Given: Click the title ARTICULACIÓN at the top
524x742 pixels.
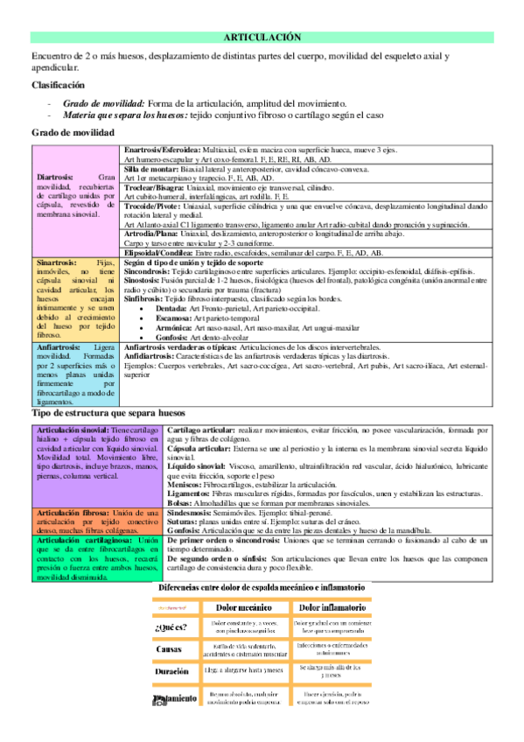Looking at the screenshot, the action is pos(262,38).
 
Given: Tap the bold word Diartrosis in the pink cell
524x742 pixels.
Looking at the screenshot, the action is pos(54,176).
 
